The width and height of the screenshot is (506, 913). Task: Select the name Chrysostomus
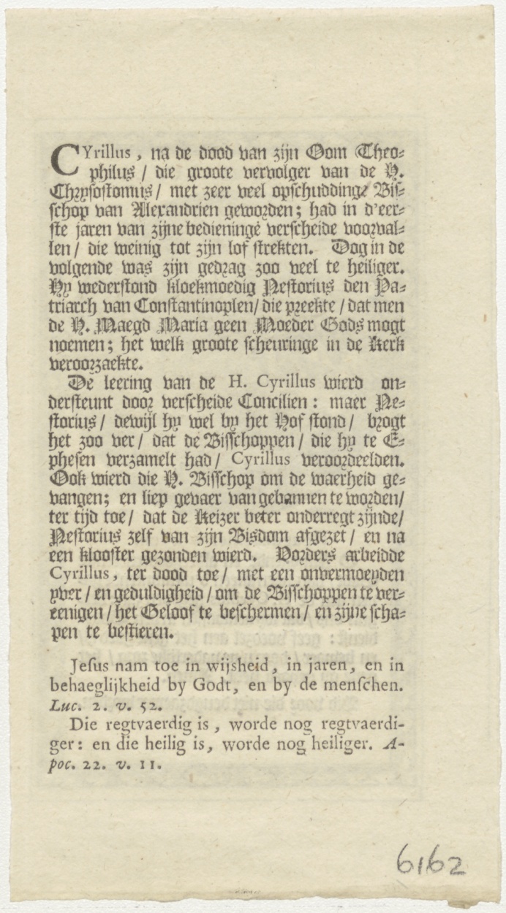97,193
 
